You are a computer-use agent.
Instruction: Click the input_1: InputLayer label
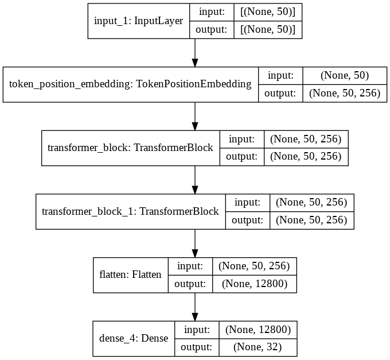[139, 21]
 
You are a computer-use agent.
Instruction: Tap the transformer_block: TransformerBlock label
[130, 148]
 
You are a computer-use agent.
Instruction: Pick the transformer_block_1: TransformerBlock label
[130, 211]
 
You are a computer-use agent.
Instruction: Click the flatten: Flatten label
[130, 274]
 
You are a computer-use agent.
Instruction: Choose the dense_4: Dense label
[134, 338]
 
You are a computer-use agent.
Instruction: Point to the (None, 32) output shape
[258, 347]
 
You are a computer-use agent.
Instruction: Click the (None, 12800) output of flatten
[255, 284]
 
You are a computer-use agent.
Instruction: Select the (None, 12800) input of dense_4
[258, 330]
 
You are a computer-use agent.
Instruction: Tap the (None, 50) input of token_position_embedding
[345, 75]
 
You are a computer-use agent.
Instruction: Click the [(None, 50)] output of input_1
[268, 30]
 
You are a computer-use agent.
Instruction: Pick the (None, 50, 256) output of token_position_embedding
[345, 93]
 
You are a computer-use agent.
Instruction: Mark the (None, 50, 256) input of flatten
[254, 266]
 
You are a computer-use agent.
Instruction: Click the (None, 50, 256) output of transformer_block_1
[311, 220]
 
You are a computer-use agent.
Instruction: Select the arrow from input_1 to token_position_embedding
[195, 53]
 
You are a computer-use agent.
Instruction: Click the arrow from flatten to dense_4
[195, 307]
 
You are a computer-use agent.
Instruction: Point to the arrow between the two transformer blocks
[195, 180]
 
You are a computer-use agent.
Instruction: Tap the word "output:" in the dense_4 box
[196, 347]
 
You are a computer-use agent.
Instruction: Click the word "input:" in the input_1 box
[212, 12]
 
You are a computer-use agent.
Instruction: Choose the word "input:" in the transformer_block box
[242, 139]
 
